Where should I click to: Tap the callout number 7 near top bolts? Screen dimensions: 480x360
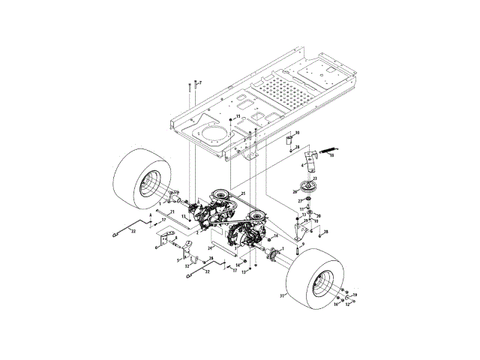tap(199, 82)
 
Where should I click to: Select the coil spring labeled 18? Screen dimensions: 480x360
tap(327, 152)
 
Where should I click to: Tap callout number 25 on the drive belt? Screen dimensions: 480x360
tap(243, 193)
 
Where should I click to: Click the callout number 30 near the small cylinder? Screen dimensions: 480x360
tap(297, 133)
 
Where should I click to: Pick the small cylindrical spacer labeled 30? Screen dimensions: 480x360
tap(286, 140)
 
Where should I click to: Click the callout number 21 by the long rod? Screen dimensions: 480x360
tap(172, 212)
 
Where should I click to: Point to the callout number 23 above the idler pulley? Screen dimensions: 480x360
tap(315, 178)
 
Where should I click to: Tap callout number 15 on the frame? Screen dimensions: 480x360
tap(238, 117)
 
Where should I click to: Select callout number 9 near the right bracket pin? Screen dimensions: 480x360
tap(302, 244)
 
